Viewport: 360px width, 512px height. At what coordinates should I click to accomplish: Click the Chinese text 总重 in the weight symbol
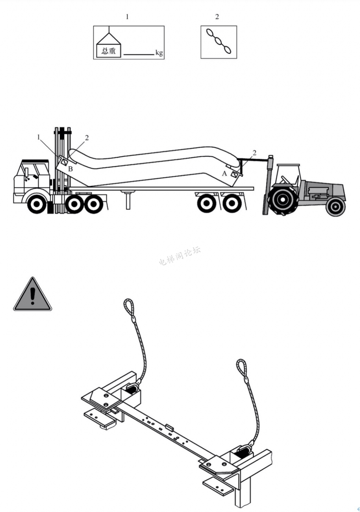108,51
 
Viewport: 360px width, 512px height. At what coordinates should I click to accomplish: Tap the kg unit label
159,53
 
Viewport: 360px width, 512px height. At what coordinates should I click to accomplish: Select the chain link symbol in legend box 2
219,42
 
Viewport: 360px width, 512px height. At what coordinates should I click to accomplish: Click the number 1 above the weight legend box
127,17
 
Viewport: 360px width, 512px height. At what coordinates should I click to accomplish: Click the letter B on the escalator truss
70,169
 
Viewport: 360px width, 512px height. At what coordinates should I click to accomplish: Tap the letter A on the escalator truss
224,174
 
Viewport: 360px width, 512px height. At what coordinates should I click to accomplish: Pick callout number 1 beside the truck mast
39,137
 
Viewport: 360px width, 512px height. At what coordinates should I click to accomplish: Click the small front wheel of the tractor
335,207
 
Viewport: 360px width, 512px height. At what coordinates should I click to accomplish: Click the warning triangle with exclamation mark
32,294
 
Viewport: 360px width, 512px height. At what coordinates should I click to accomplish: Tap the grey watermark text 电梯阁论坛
180,256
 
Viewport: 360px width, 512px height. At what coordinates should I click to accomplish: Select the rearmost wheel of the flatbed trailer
232,203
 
